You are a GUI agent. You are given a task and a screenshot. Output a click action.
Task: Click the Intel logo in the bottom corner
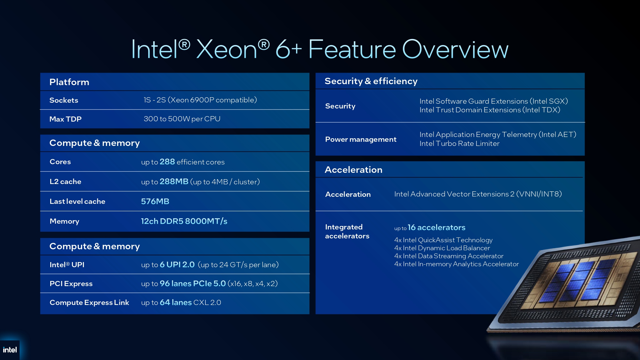coord(10,350)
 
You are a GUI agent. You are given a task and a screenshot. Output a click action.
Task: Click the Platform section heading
coord(69,82)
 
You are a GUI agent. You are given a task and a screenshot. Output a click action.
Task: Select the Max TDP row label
coord(65,119)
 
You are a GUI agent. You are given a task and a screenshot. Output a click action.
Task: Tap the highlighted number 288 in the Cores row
coord(167,162)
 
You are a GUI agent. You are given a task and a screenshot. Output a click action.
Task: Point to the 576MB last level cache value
coord(155,201)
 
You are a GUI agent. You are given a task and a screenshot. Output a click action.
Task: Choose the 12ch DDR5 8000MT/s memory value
coord(184,221)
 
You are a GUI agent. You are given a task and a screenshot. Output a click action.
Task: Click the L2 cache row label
coord(65,181)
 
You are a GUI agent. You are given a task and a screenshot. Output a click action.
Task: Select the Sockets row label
coord(64,100)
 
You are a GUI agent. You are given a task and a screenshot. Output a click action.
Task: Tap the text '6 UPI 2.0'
coord(177,265)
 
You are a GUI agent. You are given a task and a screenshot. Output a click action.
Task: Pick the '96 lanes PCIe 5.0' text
coord(193,284)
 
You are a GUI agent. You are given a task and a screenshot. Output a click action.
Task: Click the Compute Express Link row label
coord(89,303)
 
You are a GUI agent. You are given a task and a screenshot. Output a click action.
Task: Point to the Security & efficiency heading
coord(371,81)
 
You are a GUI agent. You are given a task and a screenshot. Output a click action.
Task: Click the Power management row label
coord(361,140)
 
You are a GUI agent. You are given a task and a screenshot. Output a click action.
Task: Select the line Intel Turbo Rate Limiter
coord(460,144)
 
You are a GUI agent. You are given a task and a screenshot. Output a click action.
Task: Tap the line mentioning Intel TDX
coord(490,110)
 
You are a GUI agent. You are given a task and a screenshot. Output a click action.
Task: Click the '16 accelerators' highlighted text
coord(436,228)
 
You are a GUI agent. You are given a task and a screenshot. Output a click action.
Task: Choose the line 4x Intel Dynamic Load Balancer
coord(442,248)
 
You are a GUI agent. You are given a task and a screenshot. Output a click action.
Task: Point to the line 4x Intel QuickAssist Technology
coord(443,240)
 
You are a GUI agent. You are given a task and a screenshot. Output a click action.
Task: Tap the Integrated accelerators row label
coord(347,231)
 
